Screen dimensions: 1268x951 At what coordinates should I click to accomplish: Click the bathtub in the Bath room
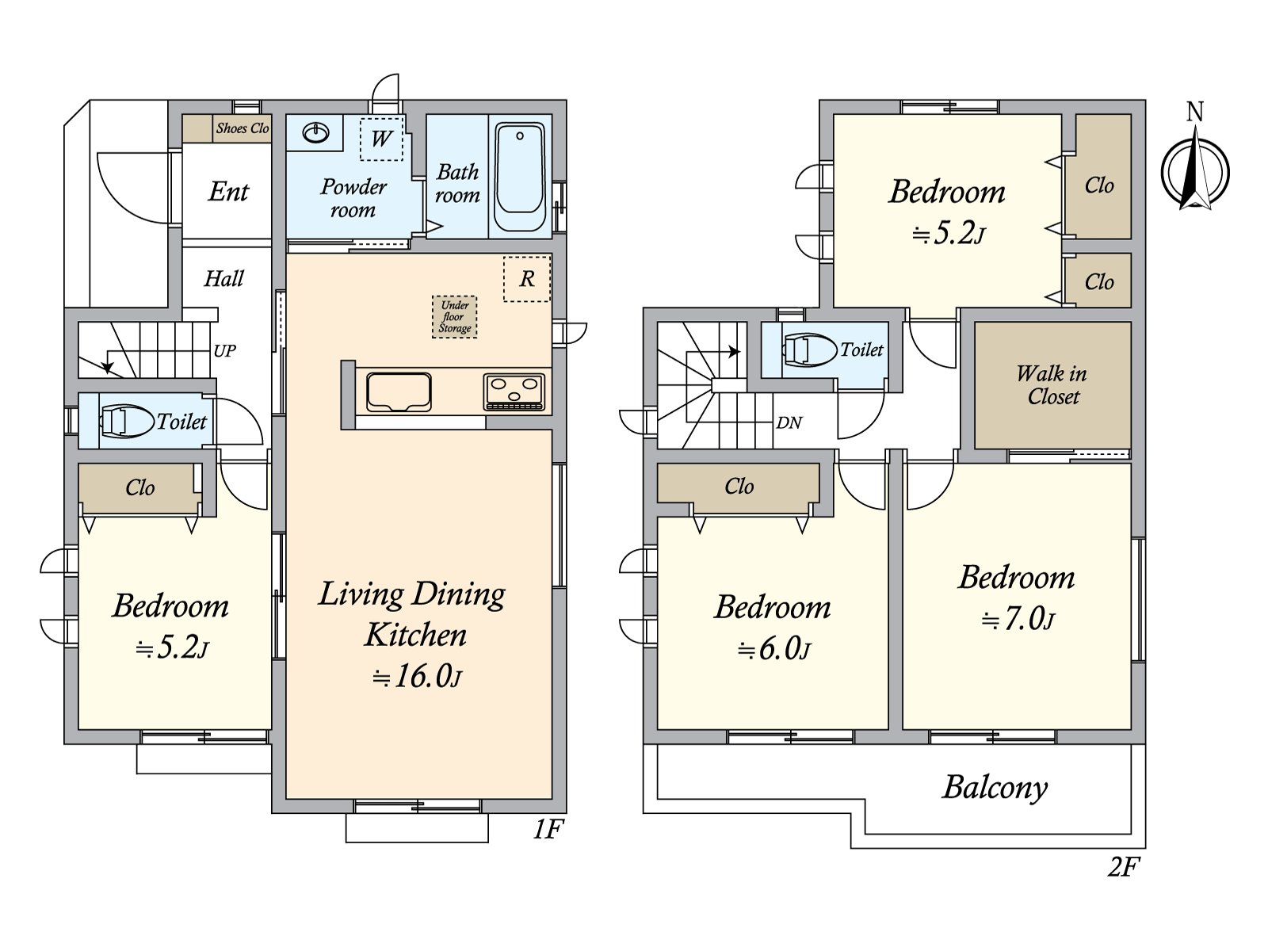click(520, 176)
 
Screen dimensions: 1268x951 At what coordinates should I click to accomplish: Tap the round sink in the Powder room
click(316, 133)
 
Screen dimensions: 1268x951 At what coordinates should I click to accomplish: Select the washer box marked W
click(381, 139)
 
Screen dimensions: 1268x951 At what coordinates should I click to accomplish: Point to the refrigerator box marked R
click(527, 279)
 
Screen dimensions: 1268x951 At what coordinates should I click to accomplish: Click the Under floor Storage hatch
click(455, 316)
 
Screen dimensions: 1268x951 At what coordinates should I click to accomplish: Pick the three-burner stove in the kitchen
click(514, 392)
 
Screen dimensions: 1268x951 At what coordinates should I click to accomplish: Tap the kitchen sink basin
click(399, 392)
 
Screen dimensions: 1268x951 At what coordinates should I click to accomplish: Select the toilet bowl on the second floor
click(810, 349)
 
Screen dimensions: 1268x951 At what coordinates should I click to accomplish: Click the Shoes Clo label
click(243, 128)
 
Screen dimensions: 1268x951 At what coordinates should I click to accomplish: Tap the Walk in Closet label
click(1052, 385)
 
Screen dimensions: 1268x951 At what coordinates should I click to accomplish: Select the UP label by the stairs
click(225, 351)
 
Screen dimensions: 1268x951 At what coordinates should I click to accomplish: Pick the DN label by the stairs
click(789, 423)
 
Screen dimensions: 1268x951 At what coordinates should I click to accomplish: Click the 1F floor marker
click(547, 830)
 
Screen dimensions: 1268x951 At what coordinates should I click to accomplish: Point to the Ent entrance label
click(229, 192)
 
